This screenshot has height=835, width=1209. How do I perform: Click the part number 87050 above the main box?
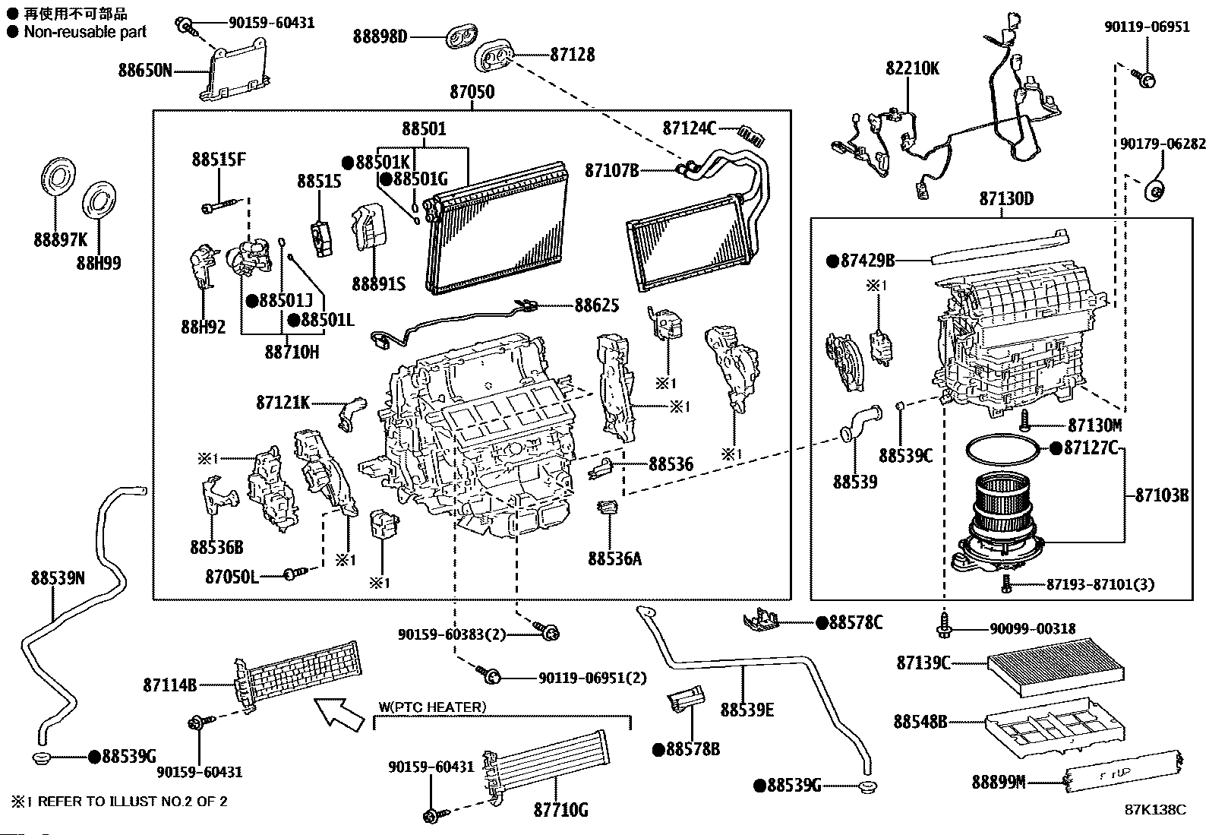point(472,93)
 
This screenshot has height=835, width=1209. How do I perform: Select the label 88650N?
point(145,71)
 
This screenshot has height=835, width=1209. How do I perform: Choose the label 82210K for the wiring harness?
point(912,68)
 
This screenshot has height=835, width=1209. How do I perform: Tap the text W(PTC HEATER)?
point(431,707)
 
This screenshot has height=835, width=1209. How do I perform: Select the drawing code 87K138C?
point(1155,810)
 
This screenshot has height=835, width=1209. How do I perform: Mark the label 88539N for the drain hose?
point(58,578)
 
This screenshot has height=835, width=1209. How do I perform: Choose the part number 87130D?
point(1005,199)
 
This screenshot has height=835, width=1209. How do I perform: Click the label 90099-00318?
point(1032,629)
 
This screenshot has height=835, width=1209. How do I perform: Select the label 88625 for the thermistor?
point(596,305)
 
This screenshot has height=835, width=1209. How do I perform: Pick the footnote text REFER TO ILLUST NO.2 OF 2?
point(132,801)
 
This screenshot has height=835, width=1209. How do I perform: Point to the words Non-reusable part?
point(85,32)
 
